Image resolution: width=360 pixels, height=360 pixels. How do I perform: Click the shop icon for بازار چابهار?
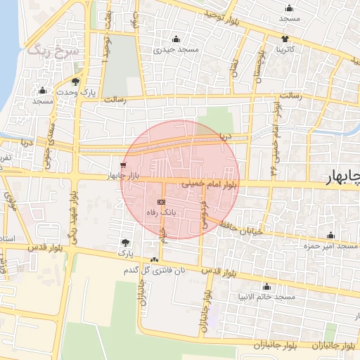click(123, 166)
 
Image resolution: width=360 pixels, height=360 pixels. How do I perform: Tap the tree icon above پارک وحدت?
click(75, 82)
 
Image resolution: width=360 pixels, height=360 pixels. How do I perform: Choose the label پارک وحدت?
click(75, 92)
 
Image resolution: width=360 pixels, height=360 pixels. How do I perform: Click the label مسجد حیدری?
click(179, 49)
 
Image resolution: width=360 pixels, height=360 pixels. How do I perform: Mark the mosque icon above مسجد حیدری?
click(176, 39)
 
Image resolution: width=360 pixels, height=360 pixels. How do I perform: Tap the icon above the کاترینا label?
click(285, 39)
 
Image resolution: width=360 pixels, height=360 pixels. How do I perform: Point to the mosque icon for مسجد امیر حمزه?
click(330, 235)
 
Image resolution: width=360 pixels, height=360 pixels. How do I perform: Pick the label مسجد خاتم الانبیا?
click(267, 297)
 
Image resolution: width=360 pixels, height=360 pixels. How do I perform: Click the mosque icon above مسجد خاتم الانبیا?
click(266, 286)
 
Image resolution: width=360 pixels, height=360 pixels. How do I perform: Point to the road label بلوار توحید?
click(224, 15)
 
